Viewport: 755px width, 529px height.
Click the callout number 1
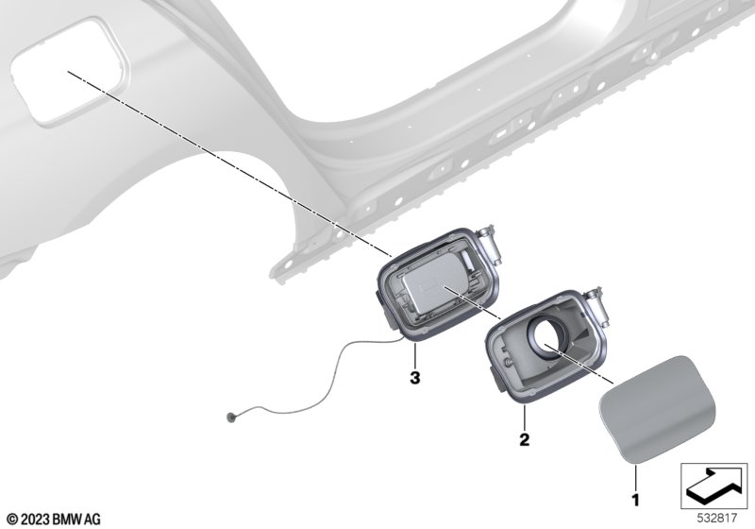pos(635,500)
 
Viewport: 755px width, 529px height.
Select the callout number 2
pos(525,439)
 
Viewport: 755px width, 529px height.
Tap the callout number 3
pos(414,378)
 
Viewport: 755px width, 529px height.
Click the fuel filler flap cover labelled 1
pos(657,408)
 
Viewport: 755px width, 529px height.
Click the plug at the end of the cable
pos(231,417)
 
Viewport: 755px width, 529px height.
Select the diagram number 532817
pos(717,519)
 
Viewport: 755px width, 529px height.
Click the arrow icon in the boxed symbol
pos(713,486)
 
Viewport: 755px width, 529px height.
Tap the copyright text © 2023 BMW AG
pos(54,519)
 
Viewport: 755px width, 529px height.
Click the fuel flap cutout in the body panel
pos(69,71)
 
